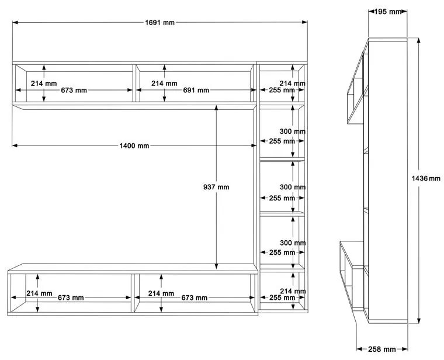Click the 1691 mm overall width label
click(x=159, y=22)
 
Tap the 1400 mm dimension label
click(x=134, y=146)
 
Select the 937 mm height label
click(x=216, y=187)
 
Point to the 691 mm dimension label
click(x=196, y=91)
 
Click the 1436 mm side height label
click(x=426, y=178)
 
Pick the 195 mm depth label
click(x=388, y=12)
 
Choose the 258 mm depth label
click(x=381, y=349)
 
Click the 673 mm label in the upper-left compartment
click(x=74, y=91)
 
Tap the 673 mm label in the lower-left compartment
click(x=71, y=297)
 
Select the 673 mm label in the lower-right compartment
click(x=194, y=297)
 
